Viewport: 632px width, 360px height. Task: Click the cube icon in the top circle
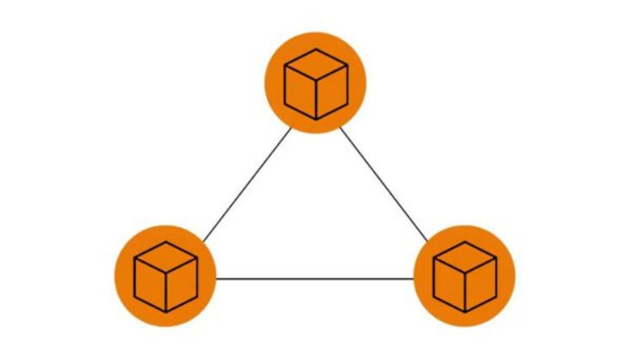click(x=316, y=83)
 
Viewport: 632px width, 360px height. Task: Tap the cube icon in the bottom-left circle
click(x=166, y=276)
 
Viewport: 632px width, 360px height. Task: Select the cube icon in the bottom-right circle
click(x=464, y=276)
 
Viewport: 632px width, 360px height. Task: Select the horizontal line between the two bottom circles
click(x=315, y=278)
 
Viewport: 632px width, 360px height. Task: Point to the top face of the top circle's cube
click(x=316, y=64)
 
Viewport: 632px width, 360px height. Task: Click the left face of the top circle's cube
click(x=300, y=92)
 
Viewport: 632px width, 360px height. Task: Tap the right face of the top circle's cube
click(x=332, y=92)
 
